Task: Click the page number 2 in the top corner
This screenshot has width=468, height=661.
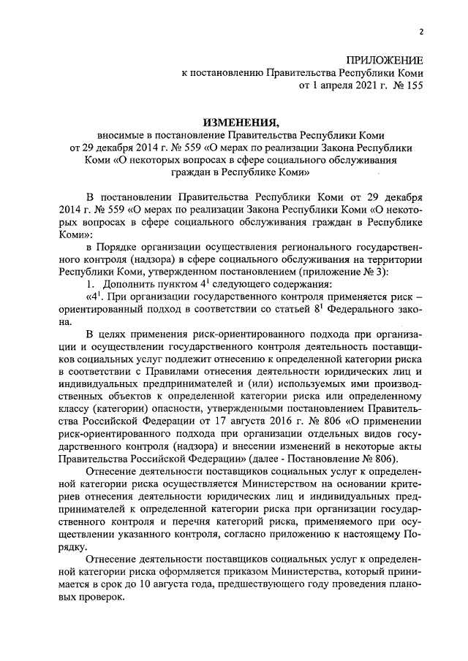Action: (x=421, y=31)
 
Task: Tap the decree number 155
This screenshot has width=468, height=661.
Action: (x=412, y=85)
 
